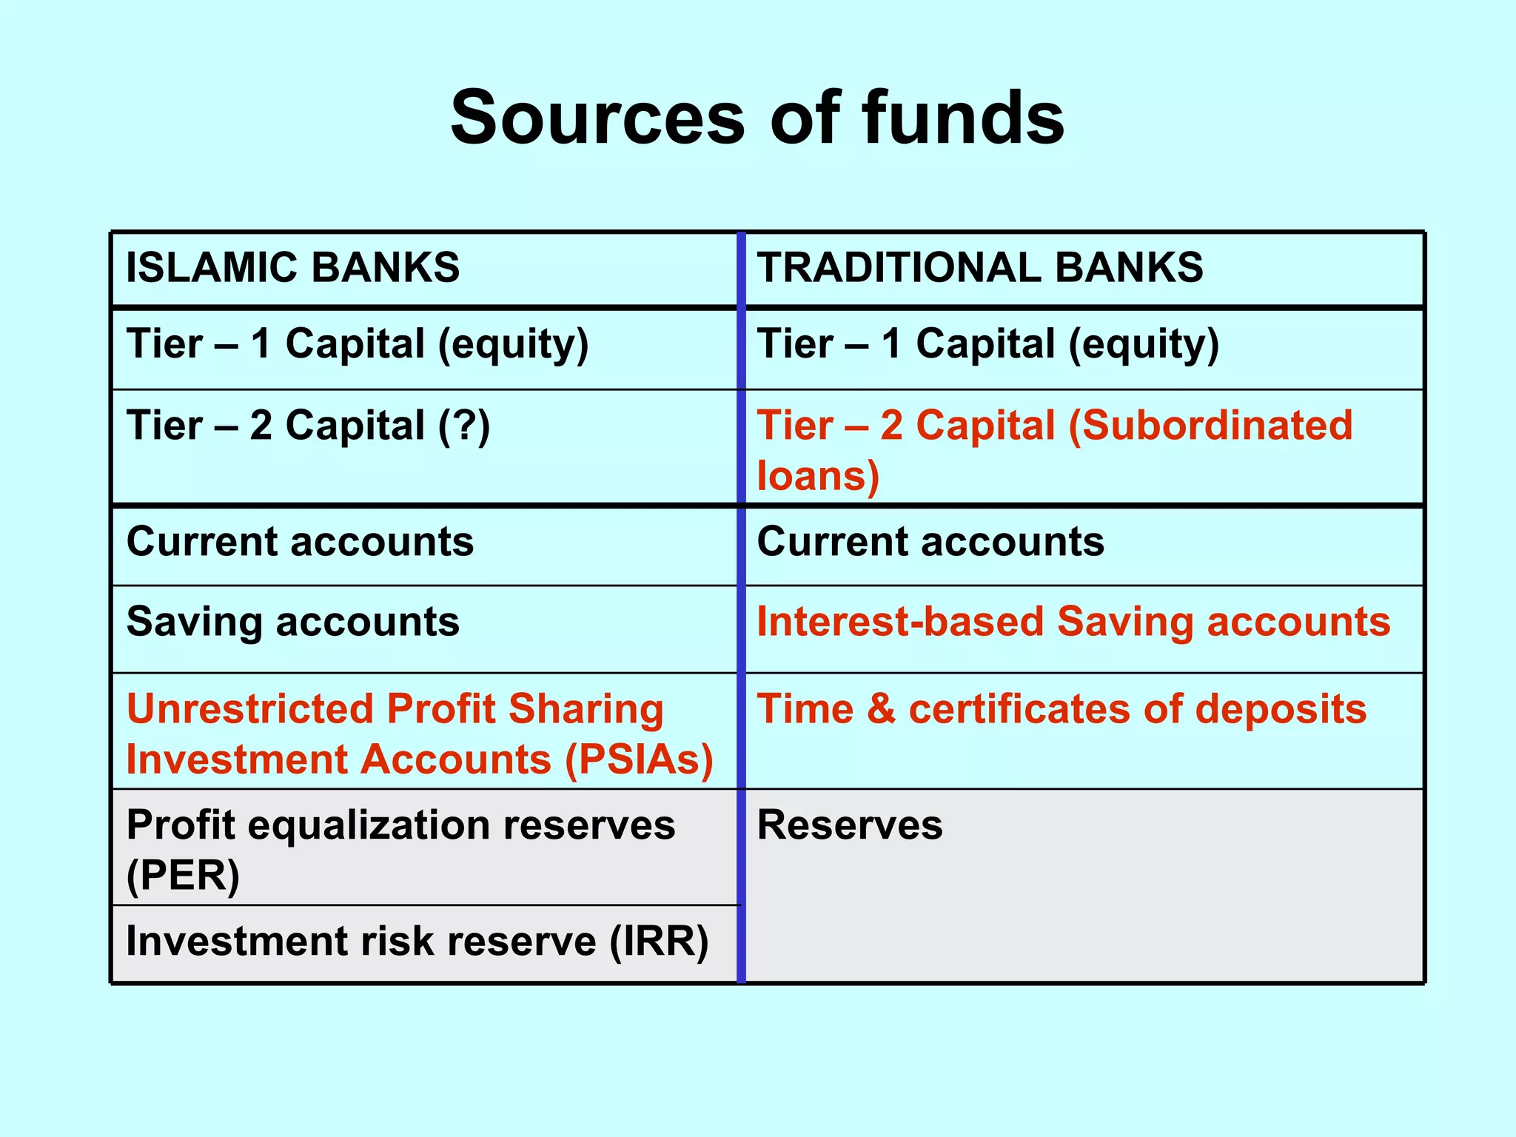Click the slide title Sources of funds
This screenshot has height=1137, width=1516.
(x=757, y=118)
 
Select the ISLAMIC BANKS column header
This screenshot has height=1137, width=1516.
(x=292, y=267)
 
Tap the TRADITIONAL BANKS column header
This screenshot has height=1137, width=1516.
(x=979, y=267)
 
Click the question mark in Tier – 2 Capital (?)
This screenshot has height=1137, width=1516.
(x=464, y=426)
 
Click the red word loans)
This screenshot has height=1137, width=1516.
(x=817, y=475)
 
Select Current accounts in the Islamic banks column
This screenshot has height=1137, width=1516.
(x=300, y=542)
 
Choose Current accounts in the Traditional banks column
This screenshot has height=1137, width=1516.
(x=930, y=542)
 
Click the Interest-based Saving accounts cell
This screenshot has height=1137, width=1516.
(x=1073, y=622)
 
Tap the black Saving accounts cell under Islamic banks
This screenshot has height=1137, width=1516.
(x=292, y=622)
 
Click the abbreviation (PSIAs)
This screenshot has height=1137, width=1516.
(x=639, y=759)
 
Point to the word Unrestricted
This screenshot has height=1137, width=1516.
(x=249, y=709)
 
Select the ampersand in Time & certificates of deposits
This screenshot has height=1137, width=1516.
(x=881, y=709)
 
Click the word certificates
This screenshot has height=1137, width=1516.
(x=1019, y=709)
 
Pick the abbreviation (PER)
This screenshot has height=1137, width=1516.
(x=183, y=876)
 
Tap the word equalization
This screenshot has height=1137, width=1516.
(x=368, y=825)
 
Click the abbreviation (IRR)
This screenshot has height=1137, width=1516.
(x=659, y=942)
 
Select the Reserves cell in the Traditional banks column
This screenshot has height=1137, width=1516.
(x=849, y=825)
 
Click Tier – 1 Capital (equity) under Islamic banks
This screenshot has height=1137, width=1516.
(x=358, y=345)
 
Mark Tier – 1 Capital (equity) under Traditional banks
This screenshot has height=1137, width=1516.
(x=987, y=345)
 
